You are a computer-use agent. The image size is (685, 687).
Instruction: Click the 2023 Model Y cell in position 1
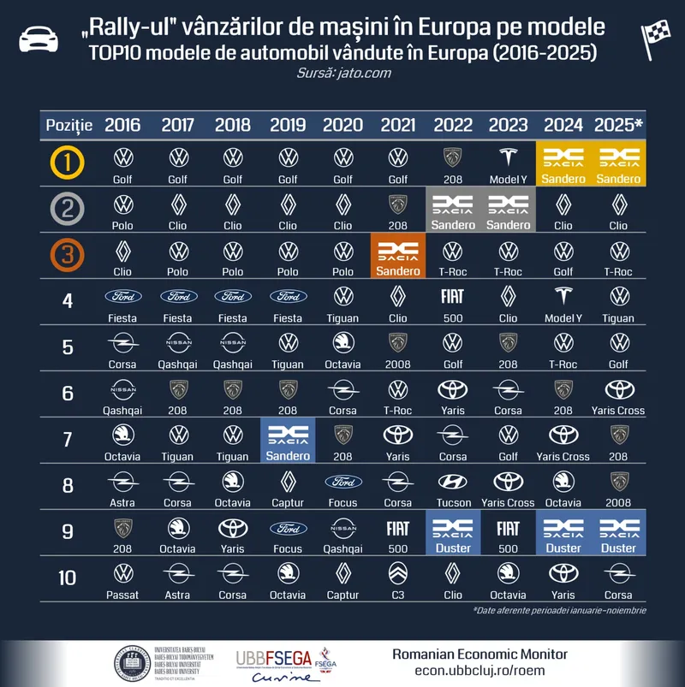click(x=508, y=165)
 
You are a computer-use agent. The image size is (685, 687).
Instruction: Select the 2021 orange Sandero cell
click(x=398, y=258)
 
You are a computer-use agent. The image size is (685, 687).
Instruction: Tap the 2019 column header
click(x=288, y=125)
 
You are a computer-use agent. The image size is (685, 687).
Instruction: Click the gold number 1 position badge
click(x=67, y=163)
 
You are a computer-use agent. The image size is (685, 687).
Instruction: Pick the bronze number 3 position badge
click(x=67, y=256)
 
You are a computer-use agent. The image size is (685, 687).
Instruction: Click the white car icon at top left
click(x=39, y=38)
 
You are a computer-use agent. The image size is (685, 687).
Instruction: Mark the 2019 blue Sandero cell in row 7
click(x=288, y=442)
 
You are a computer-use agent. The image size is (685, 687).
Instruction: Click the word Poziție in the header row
click(x=68, y=125)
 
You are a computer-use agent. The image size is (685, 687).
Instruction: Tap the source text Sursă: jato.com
click(x=342, y=74)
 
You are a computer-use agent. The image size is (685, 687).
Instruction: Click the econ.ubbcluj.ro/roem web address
click(x=479, y=671)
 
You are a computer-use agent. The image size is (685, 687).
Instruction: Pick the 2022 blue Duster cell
click(x=453, y=535)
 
